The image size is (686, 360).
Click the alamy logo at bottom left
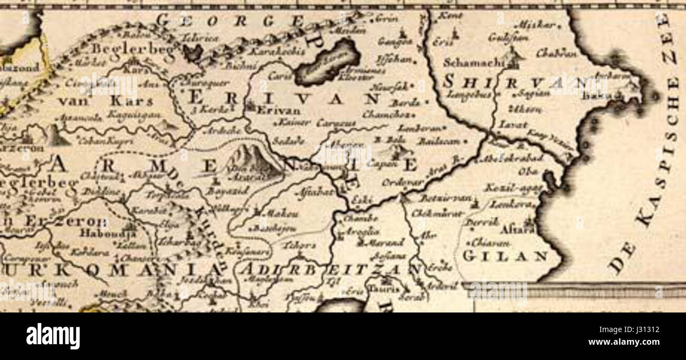click(x=53, y=336)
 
